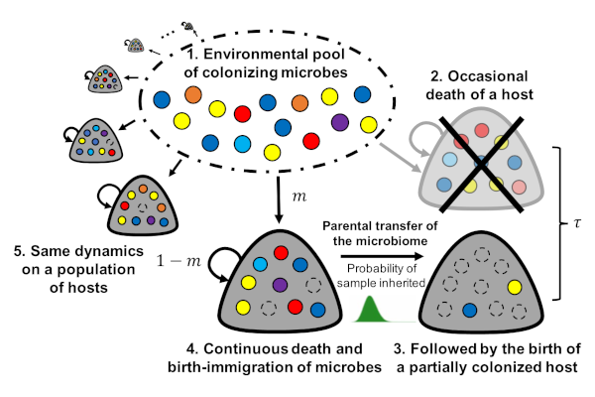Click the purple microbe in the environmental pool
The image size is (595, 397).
pos(340,122)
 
